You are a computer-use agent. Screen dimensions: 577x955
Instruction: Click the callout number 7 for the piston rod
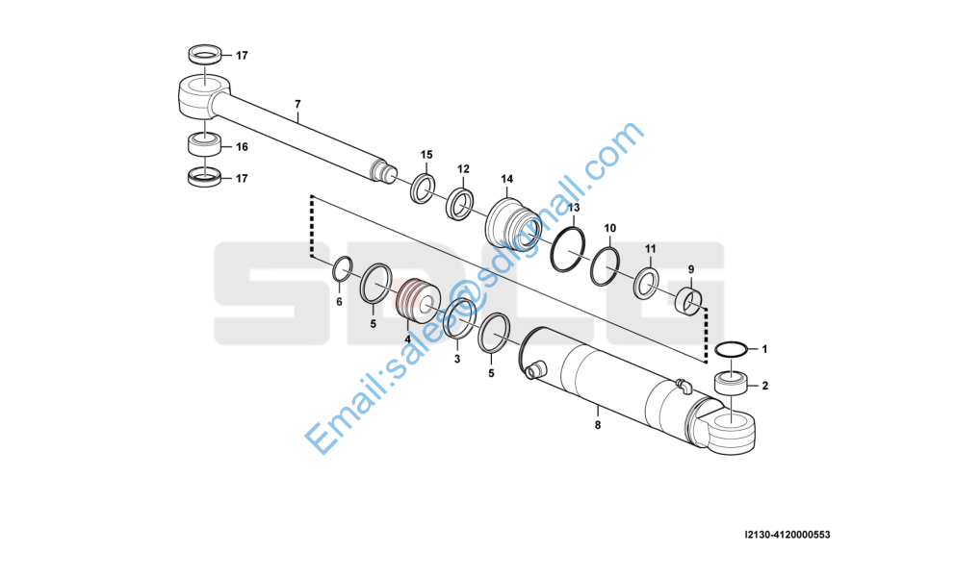[297, 104]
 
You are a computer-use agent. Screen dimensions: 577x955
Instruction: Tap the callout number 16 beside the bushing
[242, 147]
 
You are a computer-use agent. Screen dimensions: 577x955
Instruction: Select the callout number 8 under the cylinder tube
[597, 424]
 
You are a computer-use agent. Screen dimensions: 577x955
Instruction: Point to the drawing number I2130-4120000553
[787, 534]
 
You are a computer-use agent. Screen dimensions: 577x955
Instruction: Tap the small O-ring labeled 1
[732, 349]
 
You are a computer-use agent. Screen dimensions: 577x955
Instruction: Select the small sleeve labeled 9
[686, 299]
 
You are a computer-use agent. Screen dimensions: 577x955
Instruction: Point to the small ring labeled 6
[342, 271]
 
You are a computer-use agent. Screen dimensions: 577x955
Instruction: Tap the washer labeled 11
[647, 282]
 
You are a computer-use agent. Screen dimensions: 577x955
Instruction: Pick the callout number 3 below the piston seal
[457, 359]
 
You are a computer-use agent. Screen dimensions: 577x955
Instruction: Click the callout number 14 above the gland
[506, 179]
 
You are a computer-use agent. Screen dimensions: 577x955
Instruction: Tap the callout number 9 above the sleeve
[690, 268]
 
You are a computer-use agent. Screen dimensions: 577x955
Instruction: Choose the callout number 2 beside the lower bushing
[765, 387]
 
